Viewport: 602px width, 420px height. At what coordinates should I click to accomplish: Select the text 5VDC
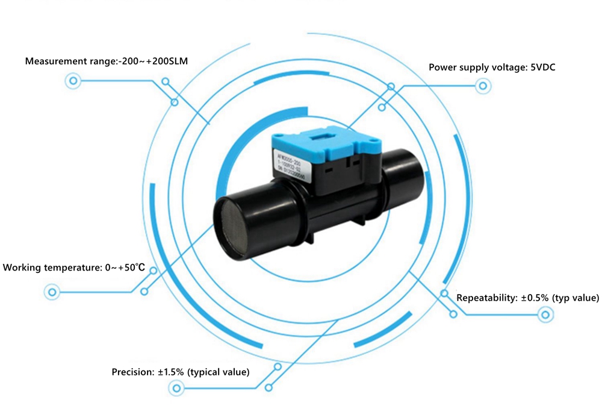[x=542, y=67]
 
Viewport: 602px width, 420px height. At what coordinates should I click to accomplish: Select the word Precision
[x=132, y=372]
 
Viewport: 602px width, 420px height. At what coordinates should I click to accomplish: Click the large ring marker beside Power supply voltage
[x=482, y=87]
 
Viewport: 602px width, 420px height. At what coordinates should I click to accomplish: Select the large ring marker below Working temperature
[x=52, y=292]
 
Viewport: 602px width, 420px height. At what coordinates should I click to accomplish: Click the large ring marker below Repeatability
[x=546, y=314]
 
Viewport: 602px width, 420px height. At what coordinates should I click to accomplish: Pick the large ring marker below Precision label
[x=176, y=389]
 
